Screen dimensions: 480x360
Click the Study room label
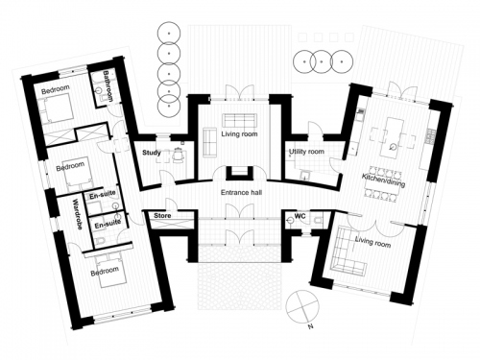[152, 153]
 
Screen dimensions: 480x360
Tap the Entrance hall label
[241, 192]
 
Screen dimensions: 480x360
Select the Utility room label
[306, 152]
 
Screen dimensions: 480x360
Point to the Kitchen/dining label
[383, 180]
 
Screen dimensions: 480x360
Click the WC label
[300, 216]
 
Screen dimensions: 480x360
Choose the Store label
[162, 216]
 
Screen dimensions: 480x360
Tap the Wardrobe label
[78, 214]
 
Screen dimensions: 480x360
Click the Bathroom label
[108, 85]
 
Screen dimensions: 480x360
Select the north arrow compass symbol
[302, 305]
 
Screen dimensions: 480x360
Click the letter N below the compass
[310, 326]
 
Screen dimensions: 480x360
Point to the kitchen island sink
[393, 147]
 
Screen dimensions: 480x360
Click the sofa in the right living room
[347, 252]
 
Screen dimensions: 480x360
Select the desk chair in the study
[178, 155]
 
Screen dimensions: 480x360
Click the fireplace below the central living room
[238, 173]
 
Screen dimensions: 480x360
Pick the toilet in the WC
[318, 220]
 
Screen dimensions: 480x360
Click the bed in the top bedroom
[57, 109]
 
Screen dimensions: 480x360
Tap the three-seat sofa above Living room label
[239, 120]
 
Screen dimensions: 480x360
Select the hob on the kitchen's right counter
[429, 136]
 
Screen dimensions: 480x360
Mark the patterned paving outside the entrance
[239, 286]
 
